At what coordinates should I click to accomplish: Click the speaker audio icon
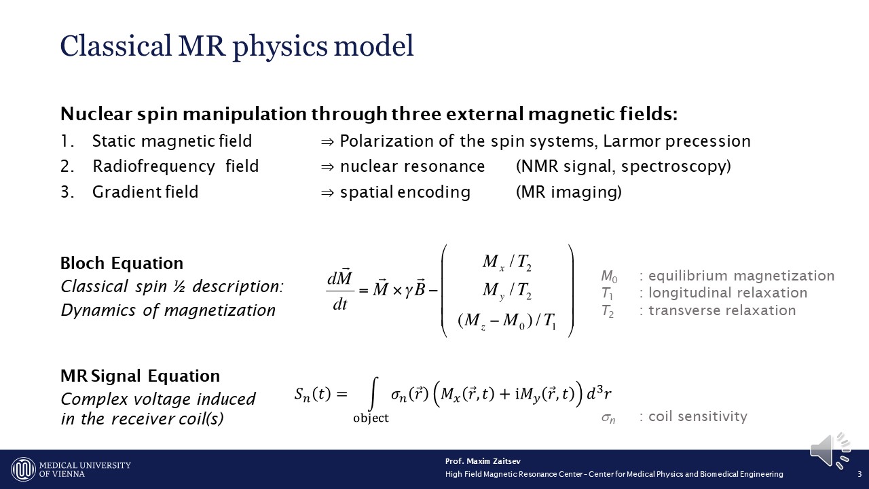(x=830, y=451)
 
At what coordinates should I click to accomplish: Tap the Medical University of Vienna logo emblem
(x=23, y=469)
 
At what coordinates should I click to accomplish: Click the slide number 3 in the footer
(x=859, y=474)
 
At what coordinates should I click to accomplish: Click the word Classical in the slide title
(x=115, y=46)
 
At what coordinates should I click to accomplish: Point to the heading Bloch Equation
(x=122, y=263)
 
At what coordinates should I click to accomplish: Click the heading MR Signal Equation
(x=141, y=376)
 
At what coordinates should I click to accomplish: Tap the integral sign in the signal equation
(x=373, y=393)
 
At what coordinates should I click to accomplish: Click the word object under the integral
(x=371, y=418)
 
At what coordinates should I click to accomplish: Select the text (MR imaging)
(x=569, y=192)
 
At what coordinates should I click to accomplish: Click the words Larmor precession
(x=677, y=141)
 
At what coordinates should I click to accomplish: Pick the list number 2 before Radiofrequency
(x=67, y=166)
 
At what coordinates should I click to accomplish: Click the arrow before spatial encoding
(x=327, y=192)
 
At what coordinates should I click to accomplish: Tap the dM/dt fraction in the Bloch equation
(x=340, y=290)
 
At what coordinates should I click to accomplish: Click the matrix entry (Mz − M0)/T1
(x=507, y=321)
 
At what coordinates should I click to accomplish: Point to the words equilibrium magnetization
(x=741, y=276)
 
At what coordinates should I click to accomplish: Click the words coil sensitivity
(x=698, y=416)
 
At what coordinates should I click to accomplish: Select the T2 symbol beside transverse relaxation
(x=608, y=311)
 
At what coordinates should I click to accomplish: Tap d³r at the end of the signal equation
(x=599, y=393)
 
